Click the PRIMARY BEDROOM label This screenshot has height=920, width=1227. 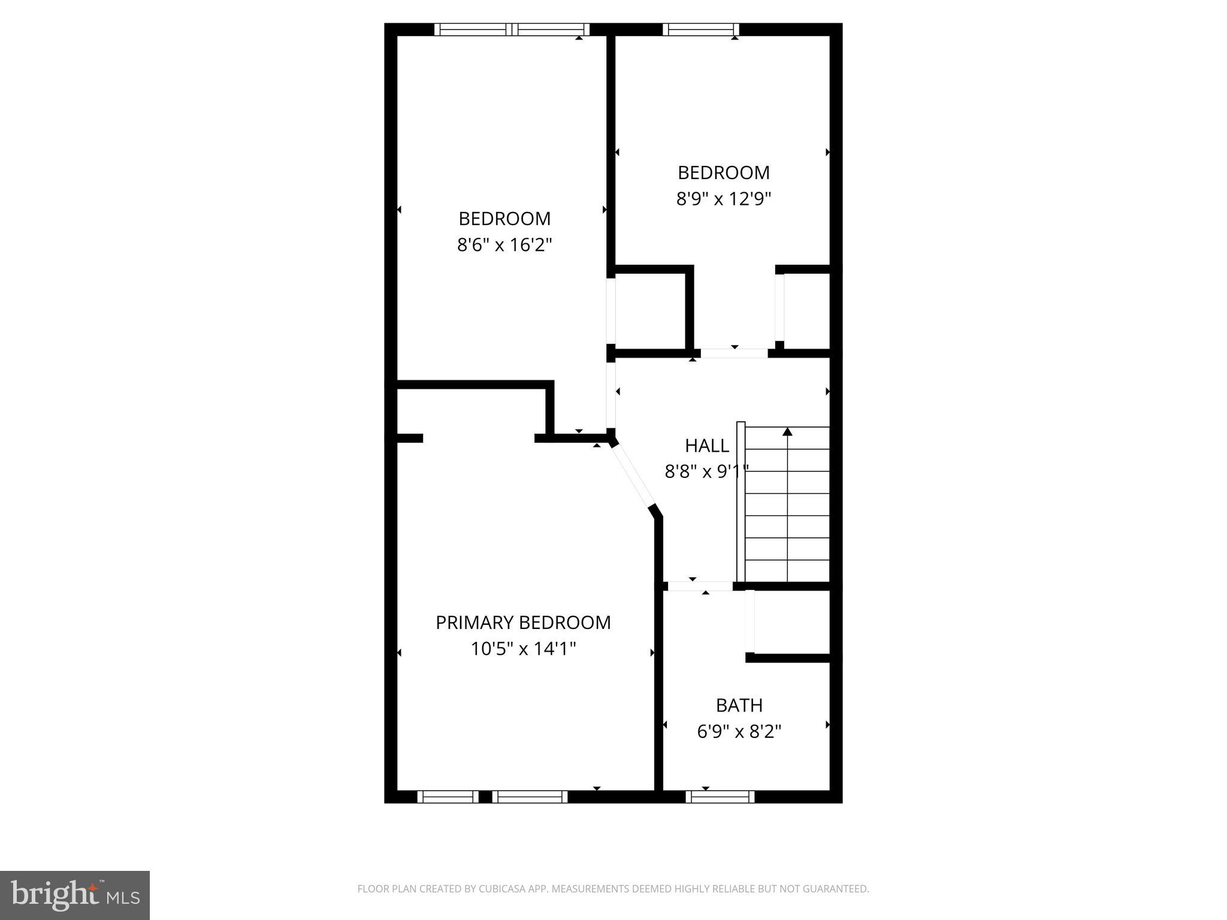pyautogui.click(x=523, y=623)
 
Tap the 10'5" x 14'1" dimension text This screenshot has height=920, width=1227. pyautogui.click(x=523, y=649)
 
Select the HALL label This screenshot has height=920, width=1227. pyautogui.click(x=707, y=446)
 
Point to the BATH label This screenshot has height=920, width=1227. pyautogui.click(x=739, y=706)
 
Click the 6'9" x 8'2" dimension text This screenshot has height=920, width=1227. pyautogui.click(x=739, y=731)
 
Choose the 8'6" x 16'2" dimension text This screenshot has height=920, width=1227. pyautogui.click(x=504, y=245)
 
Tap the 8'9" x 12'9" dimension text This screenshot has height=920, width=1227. pyautogui.click(x=723, y=199)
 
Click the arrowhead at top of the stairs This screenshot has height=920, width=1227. pyautogui.click(x=787, y=431)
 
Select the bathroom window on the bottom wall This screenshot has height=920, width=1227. pyautogui.click(x=720, y=797)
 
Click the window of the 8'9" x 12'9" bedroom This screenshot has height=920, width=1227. pyautogui.click(x=700, y=29)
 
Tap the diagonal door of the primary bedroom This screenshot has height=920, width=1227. pyautogui.click(x=633, y=477)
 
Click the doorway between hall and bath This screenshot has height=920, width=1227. pyautogui.click(x=700, y=586)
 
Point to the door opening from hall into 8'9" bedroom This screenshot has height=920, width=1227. pyautogui.click(x=734, y=353)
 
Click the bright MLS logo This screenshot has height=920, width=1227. pyautogui.click(x=75, y=895)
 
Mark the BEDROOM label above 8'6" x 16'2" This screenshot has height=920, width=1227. pyautogui.click(x=504, y=219)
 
